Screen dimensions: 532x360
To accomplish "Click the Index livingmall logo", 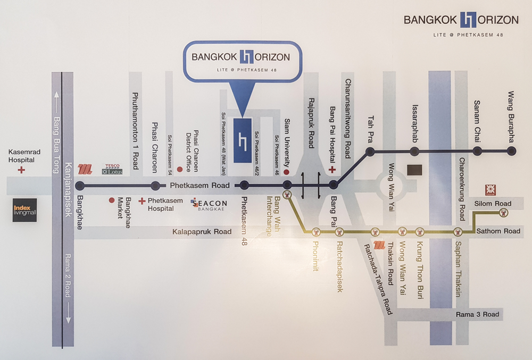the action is tap(24, 210).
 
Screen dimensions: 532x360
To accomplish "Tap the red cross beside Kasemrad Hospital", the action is tap(21, 170).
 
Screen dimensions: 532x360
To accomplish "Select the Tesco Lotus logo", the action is tap(112, 169).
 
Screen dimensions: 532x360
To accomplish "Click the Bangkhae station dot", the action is tap(80, 186).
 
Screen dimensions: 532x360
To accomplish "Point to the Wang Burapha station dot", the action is tap(512, 151).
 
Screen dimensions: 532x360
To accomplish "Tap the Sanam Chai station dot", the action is tap(477, 151).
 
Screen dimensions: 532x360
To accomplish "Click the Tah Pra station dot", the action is tap(370, 151).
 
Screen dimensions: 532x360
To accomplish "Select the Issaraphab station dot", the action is tap(414, 151).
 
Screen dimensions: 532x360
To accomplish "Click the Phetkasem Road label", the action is tap(199, 186).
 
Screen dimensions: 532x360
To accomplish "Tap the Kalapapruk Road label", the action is tap(202, 232).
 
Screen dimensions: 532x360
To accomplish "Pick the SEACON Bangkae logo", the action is tap(209, 204).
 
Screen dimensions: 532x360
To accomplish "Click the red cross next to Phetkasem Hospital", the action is tap(142, 201).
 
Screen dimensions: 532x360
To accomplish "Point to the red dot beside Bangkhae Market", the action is tap(112, 200).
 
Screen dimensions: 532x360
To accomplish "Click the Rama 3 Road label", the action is tap(477, 314).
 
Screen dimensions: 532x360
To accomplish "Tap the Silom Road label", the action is tap(493, 203).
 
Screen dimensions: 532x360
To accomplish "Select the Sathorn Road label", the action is tap(498, 231).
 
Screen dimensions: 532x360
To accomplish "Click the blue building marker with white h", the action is tap(243, 140).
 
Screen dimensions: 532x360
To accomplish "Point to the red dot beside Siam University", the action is tap(286, 172).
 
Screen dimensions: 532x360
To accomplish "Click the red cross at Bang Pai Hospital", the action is tap(332, 170).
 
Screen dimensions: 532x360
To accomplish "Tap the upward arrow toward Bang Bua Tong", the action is tap(57, 102).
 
